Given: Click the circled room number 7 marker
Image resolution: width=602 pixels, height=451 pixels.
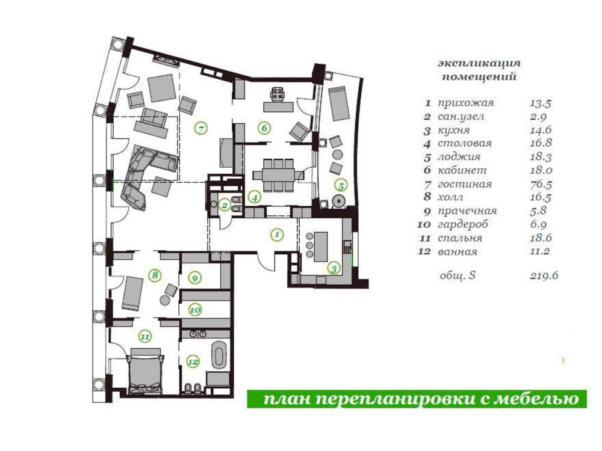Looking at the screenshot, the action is point(201,128).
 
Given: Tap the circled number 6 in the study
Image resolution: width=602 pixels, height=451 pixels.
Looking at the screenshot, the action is point(264,128).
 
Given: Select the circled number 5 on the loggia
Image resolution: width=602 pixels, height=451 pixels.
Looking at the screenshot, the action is point(341,186).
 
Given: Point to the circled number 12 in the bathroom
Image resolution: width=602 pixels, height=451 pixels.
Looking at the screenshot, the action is point(193,361).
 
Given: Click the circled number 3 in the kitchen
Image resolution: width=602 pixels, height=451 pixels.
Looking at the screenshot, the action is point(334,268).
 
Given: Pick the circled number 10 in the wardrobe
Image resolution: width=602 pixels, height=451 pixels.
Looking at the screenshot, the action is point(195,310).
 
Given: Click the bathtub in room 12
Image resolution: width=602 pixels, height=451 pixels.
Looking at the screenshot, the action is point(220,353).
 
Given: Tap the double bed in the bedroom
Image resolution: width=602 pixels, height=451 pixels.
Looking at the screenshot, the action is point(146,371).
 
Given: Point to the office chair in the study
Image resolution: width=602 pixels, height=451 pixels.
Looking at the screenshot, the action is point(278,94).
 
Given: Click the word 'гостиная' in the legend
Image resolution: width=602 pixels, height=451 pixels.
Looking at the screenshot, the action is point(465,185).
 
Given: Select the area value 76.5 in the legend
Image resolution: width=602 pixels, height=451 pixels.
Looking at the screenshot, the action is point(541,185).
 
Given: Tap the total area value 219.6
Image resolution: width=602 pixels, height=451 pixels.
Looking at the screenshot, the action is point(544,275).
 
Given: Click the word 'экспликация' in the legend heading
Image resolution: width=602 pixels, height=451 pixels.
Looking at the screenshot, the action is point(479,63).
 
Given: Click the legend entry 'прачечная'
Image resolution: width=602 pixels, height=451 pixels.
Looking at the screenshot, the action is point(467,211).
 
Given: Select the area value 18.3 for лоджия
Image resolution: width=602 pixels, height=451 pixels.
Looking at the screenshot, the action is point(541,157).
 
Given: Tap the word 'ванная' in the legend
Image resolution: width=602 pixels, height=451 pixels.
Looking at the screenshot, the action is point(458,252).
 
